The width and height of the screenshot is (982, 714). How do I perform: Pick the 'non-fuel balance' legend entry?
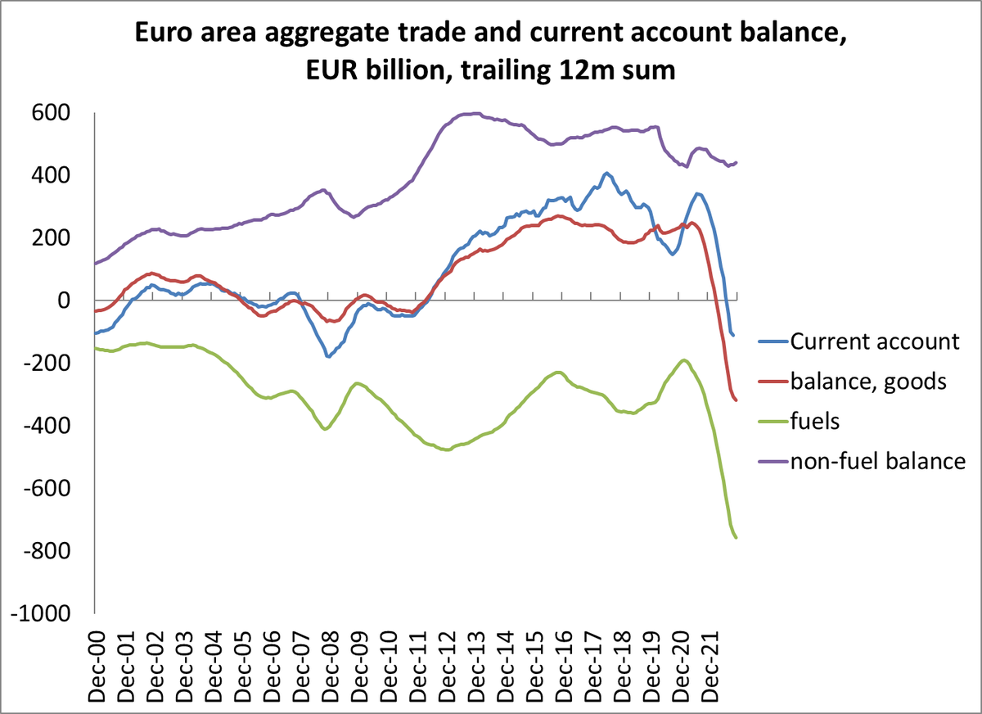(878, 461)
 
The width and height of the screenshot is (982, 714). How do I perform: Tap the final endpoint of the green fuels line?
(736, 538)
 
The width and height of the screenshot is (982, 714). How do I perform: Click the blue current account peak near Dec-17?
(606, 173)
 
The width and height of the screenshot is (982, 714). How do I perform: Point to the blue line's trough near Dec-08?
(328, 356)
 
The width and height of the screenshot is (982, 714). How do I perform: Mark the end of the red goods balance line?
(736, 400)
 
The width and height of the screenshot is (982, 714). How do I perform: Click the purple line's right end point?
(736, 162)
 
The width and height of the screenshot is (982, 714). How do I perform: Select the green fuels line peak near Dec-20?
(683, 359)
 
